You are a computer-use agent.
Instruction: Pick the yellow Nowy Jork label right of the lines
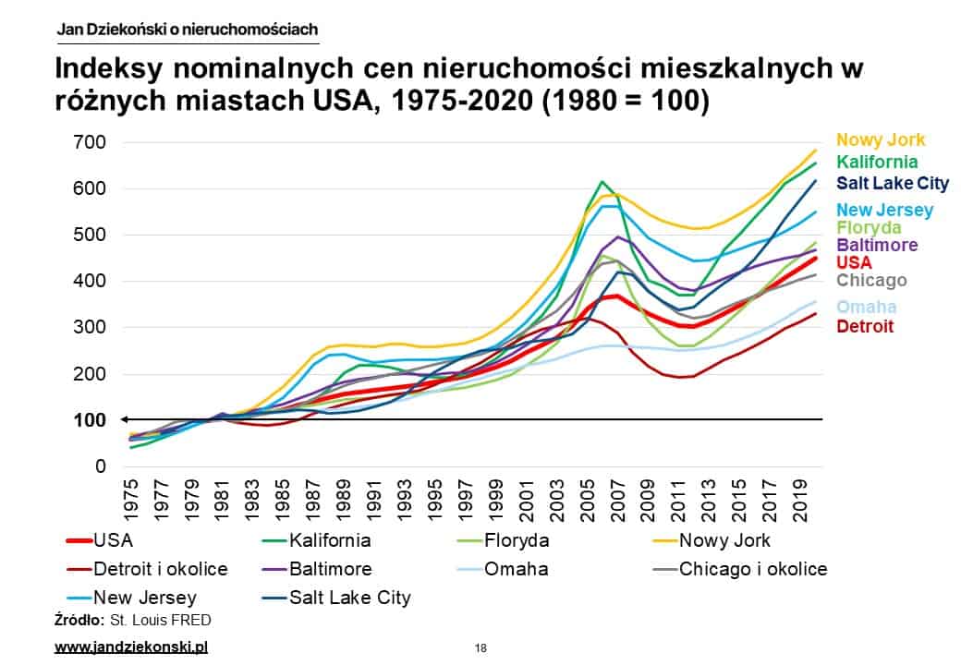pyautogui.click(x=880, y=140)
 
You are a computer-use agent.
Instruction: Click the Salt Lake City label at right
pyautogui.click(x=890, y=183)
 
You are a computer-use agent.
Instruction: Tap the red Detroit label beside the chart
pyautogui.click(x=867, y=326)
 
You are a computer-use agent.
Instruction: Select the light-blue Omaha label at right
pyautogui.click(x=867, y=307)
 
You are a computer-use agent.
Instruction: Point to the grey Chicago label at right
pyautogui.click(x=871, y=280)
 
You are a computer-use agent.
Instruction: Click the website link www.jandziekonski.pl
pyautogui.click(x=132, y=647)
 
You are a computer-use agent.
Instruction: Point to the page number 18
pyautogui.click(x=480, y=648)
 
